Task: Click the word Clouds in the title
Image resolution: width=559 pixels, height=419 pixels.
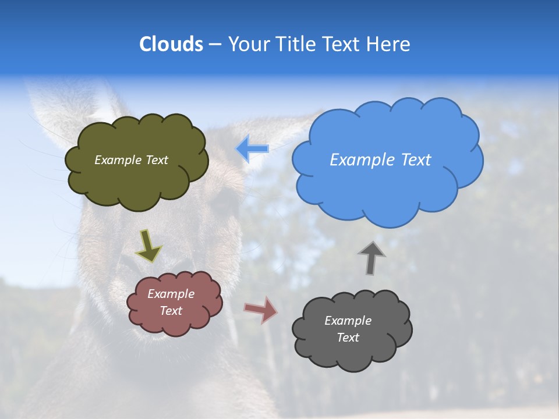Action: (171, 44)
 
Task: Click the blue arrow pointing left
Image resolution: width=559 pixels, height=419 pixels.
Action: (252, 149)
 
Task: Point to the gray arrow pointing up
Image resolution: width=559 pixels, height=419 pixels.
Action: (371, 258)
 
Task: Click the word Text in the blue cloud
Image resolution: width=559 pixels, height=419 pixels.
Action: (415, 160)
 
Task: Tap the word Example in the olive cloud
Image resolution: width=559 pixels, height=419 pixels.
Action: (118, 160)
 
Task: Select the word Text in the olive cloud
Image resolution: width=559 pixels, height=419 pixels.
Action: (157, 160)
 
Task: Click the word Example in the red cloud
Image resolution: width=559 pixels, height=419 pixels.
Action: (171, 294)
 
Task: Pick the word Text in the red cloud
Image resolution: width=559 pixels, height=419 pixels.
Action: (171, 311)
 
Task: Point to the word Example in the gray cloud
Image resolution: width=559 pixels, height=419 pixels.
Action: (348, 321)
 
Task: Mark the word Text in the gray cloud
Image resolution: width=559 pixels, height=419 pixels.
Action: (348, 338)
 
